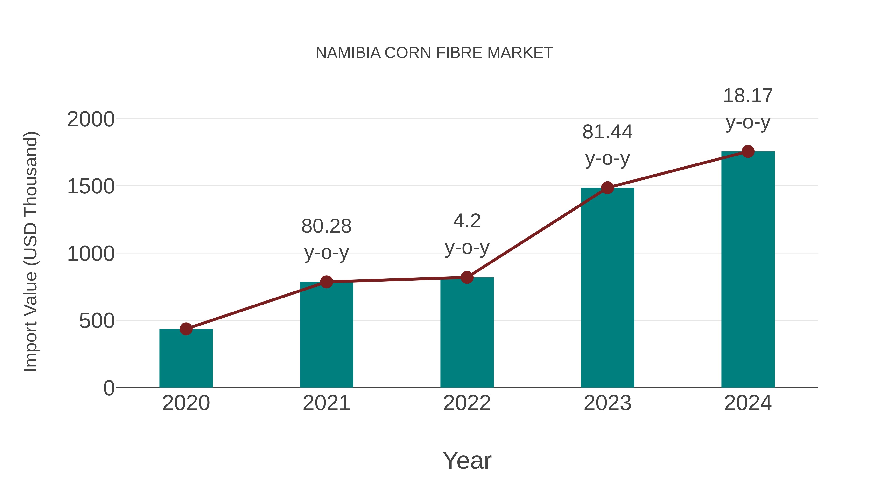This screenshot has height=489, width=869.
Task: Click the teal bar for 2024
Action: [748, 270]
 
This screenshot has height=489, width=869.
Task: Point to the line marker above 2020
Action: [186, 329]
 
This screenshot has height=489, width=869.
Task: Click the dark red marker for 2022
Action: [467, 277]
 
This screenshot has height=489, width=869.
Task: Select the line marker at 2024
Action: [748, 151]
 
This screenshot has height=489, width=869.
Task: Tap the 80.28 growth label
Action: [326, 226]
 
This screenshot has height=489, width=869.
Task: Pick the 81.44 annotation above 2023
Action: [607, 132]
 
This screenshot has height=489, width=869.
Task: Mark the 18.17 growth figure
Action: [748, 96]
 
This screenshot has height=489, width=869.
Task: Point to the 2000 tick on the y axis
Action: [91, 120]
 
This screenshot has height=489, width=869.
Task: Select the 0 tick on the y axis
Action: [109, 388]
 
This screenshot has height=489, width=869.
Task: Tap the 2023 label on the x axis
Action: [607, 403]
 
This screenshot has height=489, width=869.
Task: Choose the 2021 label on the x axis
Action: [326, 403]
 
